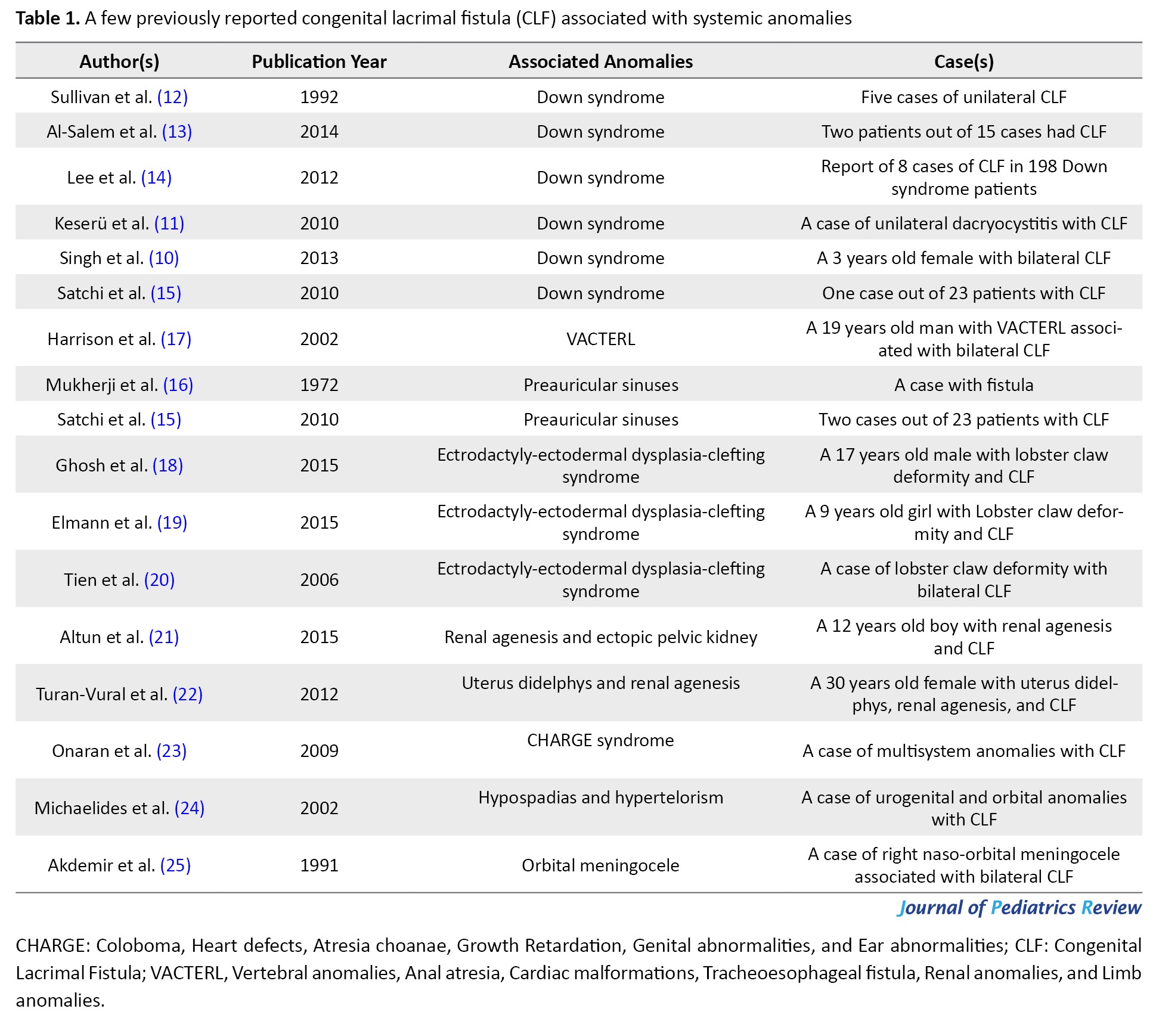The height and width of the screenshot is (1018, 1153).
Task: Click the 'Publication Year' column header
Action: click(319, 61)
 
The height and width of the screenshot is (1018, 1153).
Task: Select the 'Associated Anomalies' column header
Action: click(600, 61)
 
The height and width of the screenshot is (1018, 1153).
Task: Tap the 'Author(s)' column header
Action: click(119, 61)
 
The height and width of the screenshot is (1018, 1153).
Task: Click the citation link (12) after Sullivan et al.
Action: click(172, 97)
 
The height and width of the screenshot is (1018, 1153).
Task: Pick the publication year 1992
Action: click(319, 97)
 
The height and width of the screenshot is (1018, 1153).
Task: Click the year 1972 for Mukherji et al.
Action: click(319, 385)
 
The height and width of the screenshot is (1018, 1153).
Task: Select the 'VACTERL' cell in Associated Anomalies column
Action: click(600, 339)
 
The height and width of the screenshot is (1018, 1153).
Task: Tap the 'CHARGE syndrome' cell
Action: click(600, 740)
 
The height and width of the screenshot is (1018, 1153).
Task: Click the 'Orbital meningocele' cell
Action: click(600, 865)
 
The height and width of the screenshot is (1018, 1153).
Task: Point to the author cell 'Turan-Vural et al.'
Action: click(101, 694)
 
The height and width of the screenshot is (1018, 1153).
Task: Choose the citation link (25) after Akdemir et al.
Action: click(175, 865)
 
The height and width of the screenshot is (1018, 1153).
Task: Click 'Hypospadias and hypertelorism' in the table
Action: click(600, 797)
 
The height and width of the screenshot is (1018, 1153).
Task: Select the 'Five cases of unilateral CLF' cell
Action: click(963, 97)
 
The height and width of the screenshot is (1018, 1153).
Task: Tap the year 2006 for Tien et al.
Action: click(319, 580)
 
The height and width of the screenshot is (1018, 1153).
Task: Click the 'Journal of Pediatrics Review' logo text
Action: click(1019, 907)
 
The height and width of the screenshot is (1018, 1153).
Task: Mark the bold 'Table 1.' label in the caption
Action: click(48, 18)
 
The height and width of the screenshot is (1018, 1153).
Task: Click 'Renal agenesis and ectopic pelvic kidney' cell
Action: click(600, 637)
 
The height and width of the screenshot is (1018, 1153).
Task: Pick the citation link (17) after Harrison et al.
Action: click(176, 339)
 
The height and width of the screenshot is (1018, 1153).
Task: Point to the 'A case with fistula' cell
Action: click(963, 385)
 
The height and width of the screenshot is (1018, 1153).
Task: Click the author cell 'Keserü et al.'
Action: click(101, 224)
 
